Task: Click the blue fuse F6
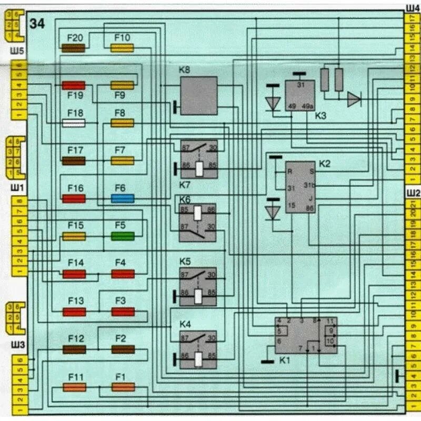click(123, 198)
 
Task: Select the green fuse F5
click(123, 236)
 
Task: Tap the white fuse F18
click(74, 123)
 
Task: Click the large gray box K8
click(198, 95)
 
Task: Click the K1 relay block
click(306, 336)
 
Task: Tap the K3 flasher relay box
click(300, 95)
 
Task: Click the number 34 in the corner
click(37, 24)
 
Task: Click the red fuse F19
click(74, 85)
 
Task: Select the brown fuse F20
click(74, 48)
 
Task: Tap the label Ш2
click(412, 193)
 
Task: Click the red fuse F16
click(74, 198)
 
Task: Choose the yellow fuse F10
click(122, 48)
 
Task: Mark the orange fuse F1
click(123, 387)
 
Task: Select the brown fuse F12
click(74, 349)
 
